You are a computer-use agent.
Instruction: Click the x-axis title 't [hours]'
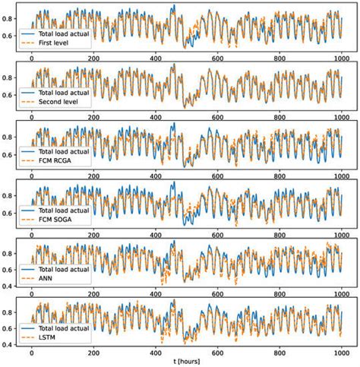click(186, 360)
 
